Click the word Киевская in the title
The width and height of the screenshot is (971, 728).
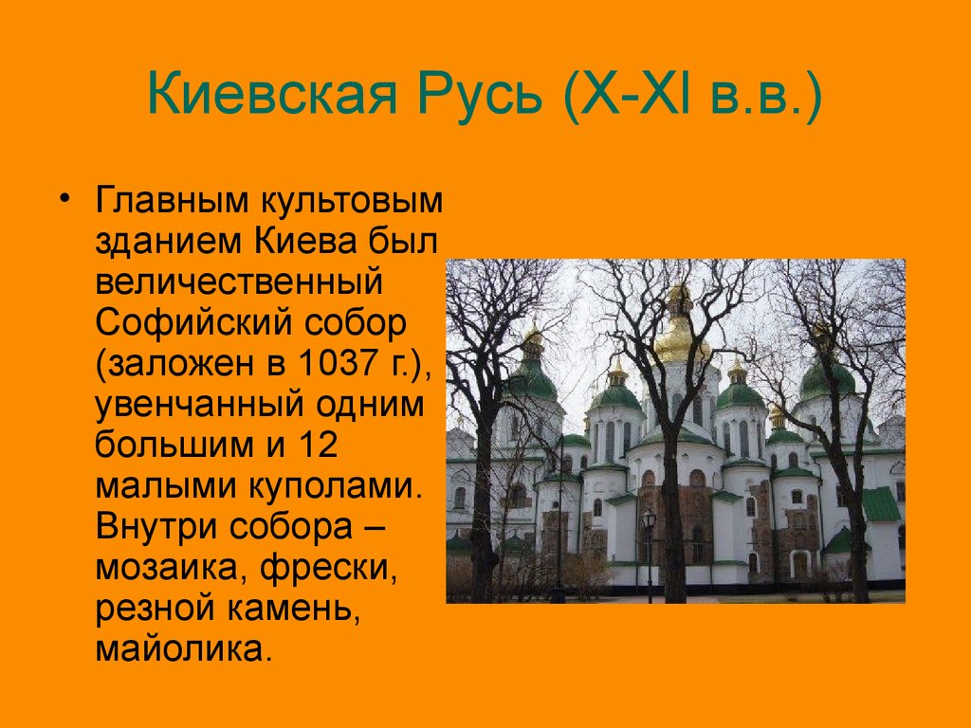click(272, 94)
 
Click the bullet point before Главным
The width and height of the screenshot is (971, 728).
click(64, 198)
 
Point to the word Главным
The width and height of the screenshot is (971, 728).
click(172, 201)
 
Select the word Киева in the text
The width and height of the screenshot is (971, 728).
click(305, 242)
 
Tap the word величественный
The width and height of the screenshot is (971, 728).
click(239, 282)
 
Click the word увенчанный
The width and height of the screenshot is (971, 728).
click(199, 406)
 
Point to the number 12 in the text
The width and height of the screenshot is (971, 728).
click(319, 445)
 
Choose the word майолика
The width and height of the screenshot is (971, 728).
click(184, 650)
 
